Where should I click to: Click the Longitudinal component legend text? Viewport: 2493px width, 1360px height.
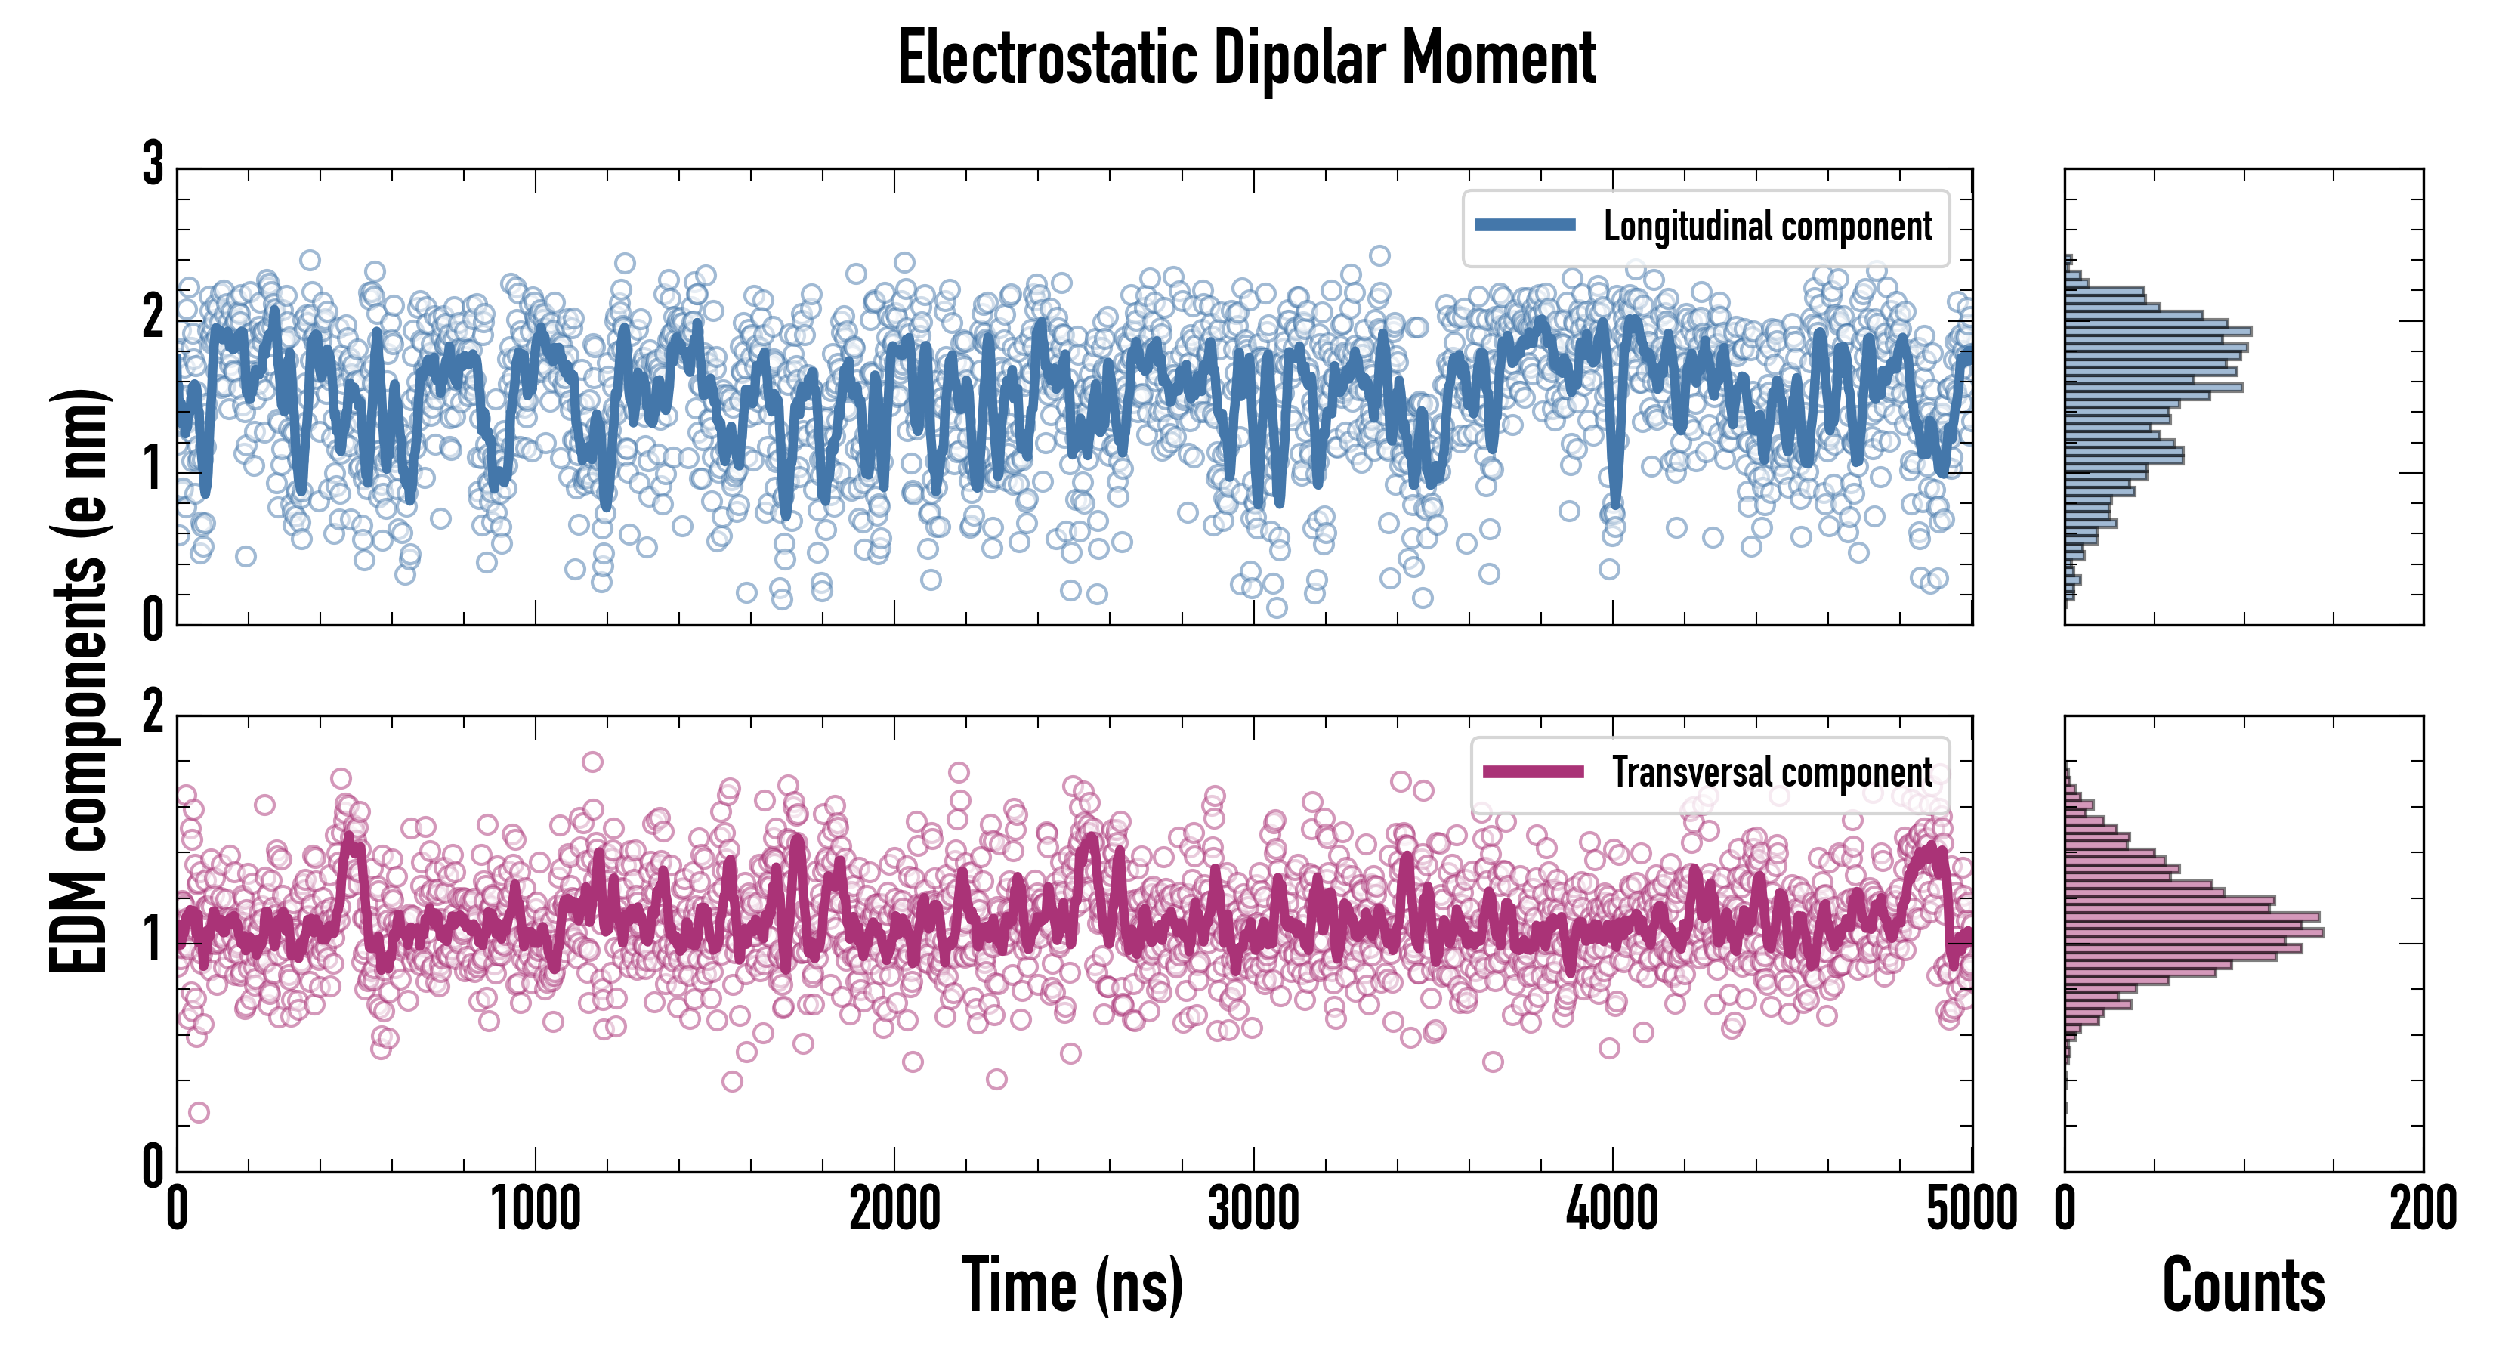click(1767, 227)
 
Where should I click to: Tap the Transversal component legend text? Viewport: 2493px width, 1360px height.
click(1772, 772)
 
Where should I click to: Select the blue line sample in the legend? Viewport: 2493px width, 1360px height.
click(1525, 226)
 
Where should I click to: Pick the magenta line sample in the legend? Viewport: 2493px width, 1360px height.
click(1533, 771)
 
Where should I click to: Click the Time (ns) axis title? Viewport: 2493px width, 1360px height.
click(1072, 1284)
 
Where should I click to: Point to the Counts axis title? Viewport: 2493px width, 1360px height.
click(2243, 1284)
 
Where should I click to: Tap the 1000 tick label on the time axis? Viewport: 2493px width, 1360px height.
click(535, 1210)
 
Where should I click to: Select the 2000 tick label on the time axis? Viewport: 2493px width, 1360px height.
click(894, 1210)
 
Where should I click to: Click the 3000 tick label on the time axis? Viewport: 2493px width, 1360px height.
click(1253, 1210)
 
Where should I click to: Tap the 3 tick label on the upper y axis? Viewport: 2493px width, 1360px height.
click(153, 165)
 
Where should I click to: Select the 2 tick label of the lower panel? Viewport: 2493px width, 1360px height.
click(153, 713)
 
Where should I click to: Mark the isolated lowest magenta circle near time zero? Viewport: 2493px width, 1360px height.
click(199, 1112)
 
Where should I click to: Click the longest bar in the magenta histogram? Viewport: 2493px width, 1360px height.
click(2193, 932)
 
